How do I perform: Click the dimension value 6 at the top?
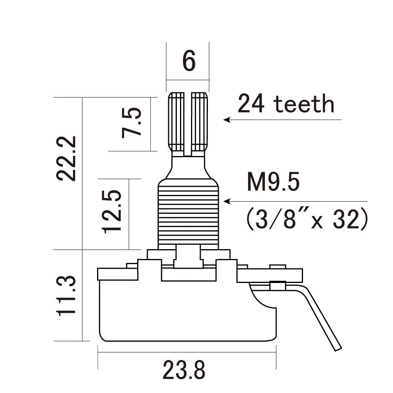pyautogui.click(x=189, y=61)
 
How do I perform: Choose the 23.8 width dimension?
pyautogui.click(x=184, y=370)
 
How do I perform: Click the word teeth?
pyautogui.click(x=304, y=105)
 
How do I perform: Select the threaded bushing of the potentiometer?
pyautogui.click(x=188, y=214)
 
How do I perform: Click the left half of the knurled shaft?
pyautogui.click(x=177, y=122)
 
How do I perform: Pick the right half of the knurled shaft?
pyautogui.click(x=200, y=122)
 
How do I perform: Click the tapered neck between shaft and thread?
pyautogui.click(x=188, y=167)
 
